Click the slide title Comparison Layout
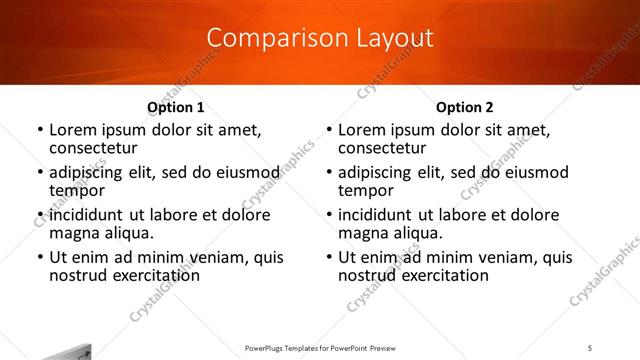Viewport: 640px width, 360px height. tap(320, 38)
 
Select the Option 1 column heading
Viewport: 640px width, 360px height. tap(176, 107)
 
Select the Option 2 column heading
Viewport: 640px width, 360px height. tap(465, 107)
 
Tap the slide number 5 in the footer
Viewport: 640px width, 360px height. tap(590, 346)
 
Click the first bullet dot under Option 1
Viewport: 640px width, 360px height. tap(40, 131)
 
